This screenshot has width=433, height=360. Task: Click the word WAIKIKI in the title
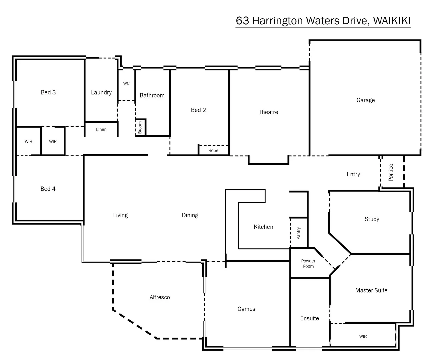coord(392,21)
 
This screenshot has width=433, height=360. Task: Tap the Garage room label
coord(365,100)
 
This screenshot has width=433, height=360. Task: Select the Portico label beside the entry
coord(391,172)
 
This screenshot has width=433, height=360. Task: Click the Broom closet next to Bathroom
coord(140,127)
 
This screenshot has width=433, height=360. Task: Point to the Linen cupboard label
coord(101,129)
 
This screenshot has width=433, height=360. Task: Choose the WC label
coord(126,83)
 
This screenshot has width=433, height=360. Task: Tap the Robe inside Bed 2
coord(213,150)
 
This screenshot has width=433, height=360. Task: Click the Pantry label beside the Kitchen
coord(298,233)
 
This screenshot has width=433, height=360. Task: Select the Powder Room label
coord(308,263)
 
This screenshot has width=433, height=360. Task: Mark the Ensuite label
coord(309,318)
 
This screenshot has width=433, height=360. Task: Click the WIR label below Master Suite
coord(363,336)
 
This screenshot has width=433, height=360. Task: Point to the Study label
coord(372,219)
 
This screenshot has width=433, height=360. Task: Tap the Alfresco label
coord(160,297)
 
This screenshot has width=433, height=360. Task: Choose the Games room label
coord(246,309)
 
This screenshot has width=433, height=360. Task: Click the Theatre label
coord(268,112)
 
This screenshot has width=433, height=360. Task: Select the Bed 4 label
coord(48,189)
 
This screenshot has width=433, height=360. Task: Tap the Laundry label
coord(101,92)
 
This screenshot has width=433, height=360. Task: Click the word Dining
coord(190,215)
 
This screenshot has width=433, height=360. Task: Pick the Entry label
coord(353,174)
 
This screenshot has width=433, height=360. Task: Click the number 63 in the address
coord(242,21)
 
